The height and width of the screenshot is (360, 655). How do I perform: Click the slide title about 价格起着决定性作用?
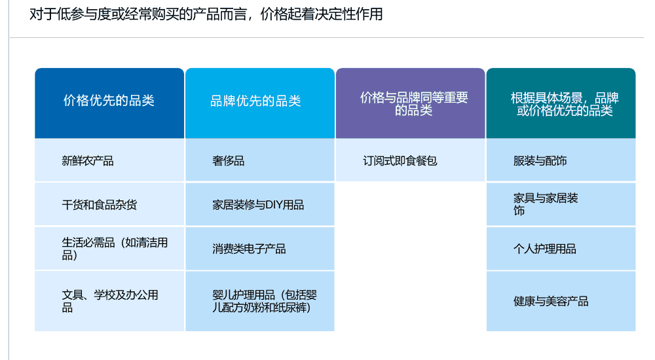(x=206, y=14)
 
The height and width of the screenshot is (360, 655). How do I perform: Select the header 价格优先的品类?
(x=109, y=101)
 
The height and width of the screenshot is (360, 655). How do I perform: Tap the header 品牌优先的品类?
(x=255, y=101)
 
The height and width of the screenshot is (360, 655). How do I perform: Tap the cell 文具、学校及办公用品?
(x=109, y=300)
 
